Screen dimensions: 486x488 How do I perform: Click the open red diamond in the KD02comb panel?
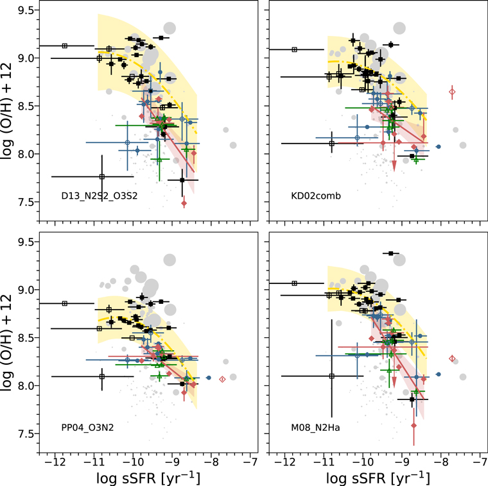point(453,92)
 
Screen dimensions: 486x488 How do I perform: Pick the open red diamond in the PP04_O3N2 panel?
point(222,380)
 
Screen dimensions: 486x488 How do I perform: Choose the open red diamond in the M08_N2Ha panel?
point(452,358)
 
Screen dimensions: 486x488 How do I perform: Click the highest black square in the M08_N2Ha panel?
point(390,253)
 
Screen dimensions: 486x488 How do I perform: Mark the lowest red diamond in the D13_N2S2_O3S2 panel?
point(184,203)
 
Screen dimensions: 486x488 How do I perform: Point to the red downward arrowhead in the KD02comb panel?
point(394,166)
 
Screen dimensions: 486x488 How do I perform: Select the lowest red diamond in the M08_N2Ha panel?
point(414,425)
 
